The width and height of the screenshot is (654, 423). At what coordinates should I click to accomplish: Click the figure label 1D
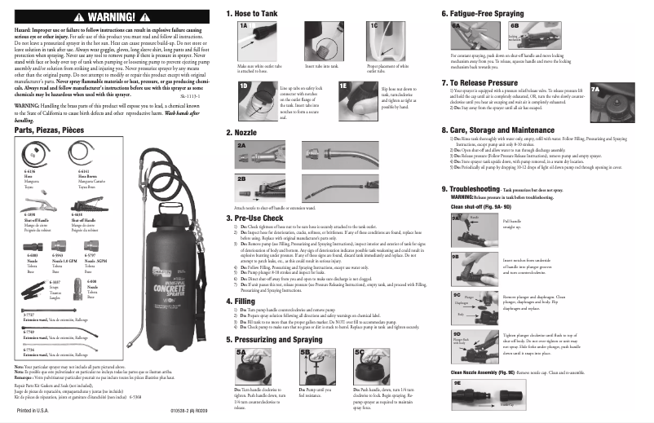pos(243,84)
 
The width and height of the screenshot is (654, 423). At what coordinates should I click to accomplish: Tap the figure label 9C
pos(457,294)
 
